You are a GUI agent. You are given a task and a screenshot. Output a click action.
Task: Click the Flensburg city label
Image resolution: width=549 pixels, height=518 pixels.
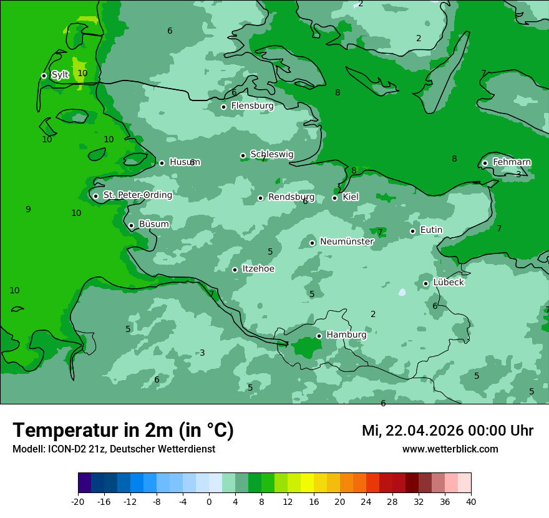click(252, 106)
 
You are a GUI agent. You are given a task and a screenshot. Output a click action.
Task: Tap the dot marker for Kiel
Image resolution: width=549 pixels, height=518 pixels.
click(335, 198)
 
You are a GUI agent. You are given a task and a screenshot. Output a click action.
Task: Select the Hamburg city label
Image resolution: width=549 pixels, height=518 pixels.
click(346, 335)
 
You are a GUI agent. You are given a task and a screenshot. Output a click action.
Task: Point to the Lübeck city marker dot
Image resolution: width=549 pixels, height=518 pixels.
click(426, 283)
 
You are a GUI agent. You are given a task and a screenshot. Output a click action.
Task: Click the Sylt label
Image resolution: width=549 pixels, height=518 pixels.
click(60, 75)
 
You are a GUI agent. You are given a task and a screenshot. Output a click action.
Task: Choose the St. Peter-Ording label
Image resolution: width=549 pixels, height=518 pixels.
click(137, 195)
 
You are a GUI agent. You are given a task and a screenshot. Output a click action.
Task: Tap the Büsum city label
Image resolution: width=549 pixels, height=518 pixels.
click(153, 225)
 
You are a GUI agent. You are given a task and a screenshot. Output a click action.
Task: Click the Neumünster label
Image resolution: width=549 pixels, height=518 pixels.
click(346, 242)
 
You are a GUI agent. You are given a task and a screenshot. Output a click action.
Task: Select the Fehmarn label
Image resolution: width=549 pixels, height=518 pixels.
click(512, 162)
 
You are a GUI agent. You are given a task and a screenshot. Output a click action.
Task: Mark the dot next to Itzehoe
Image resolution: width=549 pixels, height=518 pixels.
click(235, 270)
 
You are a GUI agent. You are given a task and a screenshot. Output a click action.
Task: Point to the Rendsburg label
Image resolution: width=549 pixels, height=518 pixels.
click(291, 197)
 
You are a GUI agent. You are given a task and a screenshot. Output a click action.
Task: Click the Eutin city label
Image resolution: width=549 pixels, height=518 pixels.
click(431, 230)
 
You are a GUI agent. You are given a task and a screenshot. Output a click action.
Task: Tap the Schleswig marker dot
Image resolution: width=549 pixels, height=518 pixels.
click(243, 155)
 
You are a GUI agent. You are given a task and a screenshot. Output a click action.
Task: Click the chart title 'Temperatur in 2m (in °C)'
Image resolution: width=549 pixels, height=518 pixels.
click(123, 431)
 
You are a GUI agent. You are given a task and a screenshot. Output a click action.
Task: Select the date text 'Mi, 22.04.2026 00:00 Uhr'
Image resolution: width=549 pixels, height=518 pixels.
click(447, 431)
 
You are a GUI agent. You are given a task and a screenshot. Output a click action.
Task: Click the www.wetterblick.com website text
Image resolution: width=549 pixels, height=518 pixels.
click(450, 449)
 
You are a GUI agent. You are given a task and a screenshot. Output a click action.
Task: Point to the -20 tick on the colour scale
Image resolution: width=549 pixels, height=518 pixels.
click(78, 501)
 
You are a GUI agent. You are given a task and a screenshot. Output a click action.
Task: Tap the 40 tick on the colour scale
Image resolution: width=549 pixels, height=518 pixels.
click(470, 501)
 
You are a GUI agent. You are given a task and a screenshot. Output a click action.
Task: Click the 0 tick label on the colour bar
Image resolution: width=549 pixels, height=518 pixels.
click(209, 501)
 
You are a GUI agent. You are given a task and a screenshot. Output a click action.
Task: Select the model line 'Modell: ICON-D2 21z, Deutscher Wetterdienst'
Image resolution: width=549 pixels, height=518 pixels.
click(114, 449)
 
